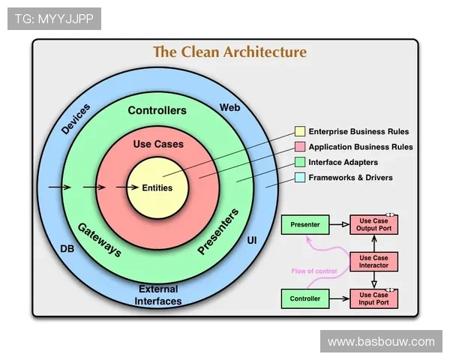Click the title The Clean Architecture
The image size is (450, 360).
coord(229,52)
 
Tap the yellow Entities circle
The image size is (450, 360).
coord(157,187)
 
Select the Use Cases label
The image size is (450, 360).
coord(157,143)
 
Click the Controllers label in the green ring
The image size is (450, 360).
coord(157,110)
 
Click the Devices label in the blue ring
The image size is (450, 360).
coord(76,119)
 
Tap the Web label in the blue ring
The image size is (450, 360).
coord(229,108)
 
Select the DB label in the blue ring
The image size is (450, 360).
coord(67,248)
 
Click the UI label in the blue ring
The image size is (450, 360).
coord(252,240)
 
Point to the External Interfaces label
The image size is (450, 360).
coord(158,295)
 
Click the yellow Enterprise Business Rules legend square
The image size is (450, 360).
coord(300,132)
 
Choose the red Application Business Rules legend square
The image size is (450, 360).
coord(300,147)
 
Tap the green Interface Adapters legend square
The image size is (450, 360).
coord(300,162)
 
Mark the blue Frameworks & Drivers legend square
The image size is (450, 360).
coord(300,178)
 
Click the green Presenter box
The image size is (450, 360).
coord(304,224)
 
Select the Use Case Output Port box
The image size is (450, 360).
coord(373,224)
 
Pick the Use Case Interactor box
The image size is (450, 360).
coord(373,262)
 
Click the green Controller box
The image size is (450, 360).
coord(304,298)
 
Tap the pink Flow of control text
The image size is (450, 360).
coord(315,271)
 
